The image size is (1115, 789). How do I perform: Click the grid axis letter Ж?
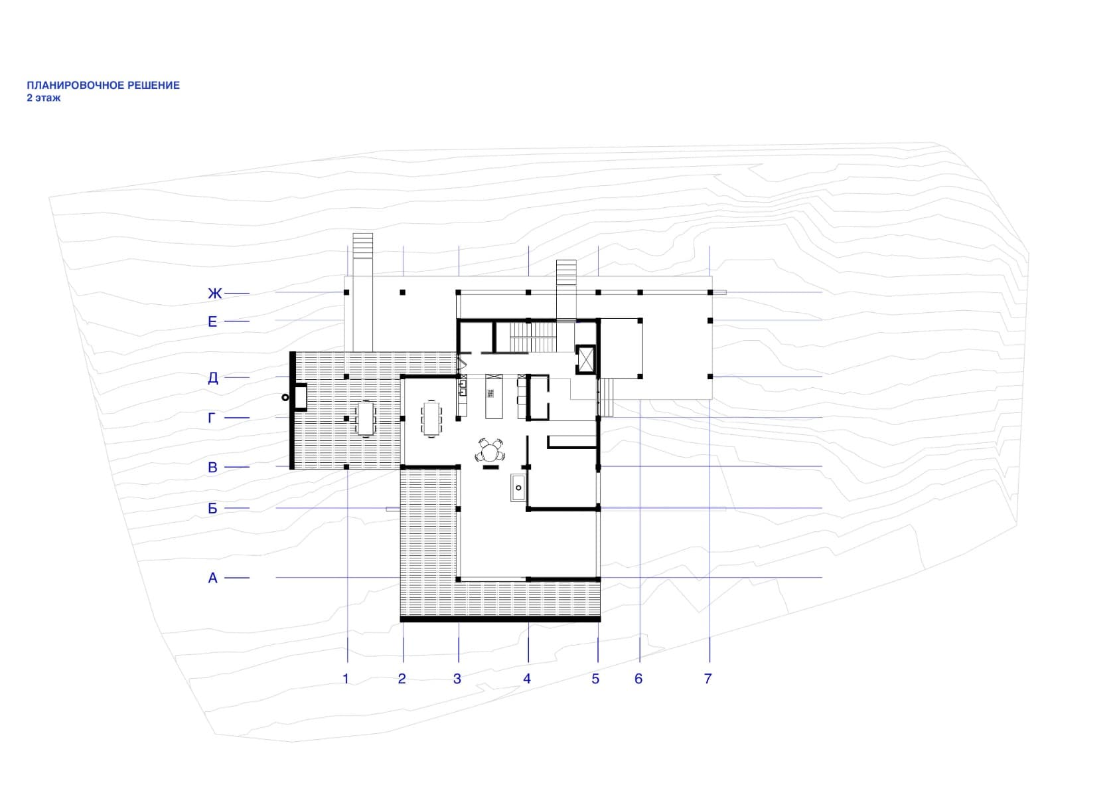[214, 294]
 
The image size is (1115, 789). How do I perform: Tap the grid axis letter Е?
[212, 322]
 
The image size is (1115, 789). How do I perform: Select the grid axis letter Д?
[212, 378]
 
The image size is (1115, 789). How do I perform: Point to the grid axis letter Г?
[212, 418]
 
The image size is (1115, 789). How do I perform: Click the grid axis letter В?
[212, 468]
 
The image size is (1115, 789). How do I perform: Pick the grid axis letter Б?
[212, 509]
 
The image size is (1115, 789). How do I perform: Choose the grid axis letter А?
[212, 578]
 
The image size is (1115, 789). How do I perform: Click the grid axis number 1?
[346, 679]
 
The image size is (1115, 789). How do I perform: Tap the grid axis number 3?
[457, 679]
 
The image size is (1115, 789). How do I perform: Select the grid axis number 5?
[596, 679]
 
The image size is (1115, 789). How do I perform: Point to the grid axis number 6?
[638, 679]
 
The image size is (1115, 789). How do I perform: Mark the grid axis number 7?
[708, 679]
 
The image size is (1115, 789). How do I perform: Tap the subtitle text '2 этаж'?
[44, 98]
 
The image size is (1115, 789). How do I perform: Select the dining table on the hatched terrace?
[366, 418]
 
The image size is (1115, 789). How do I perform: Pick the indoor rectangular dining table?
[431, 418]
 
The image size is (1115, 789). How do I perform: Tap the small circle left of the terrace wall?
[285, 397]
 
